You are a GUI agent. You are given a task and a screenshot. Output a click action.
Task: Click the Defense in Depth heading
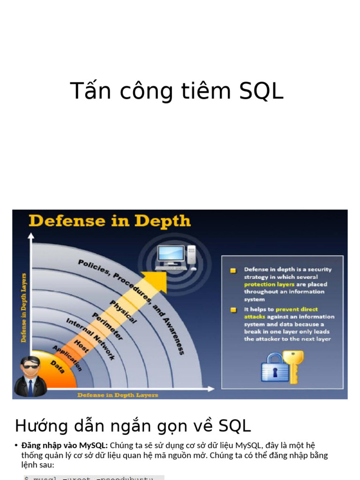click(110, 221)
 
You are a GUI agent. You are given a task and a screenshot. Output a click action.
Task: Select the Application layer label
click(67, 358)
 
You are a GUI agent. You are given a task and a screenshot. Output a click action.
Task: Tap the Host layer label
click(81, 346)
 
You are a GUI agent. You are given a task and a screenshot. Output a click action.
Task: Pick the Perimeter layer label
click(107, 326)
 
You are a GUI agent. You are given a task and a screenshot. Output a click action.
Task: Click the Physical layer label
click(123, 312)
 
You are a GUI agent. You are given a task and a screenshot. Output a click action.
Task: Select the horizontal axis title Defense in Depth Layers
click(118, 395)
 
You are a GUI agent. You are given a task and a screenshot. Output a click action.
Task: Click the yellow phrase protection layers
click(269, 285)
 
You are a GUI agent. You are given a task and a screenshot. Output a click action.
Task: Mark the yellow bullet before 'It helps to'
click(233, 310)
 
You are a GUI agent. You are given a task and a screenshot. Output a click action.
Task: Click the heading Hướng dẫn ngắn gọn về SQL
click(133, 426)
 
